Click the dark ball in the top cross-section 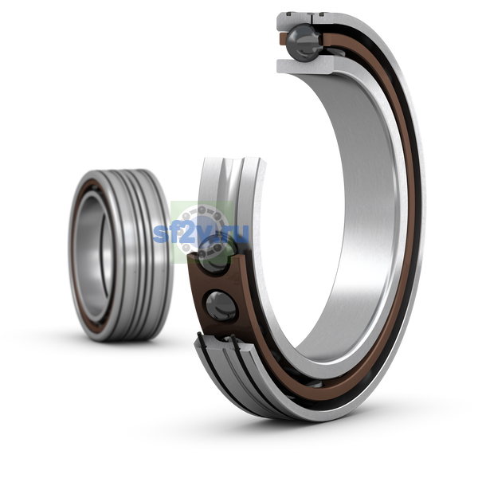pos(304,42)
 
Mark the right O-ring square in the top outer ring pos(322,14)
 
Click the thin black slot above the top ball pos(311,19)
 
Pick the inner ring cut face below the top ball pos(305,65)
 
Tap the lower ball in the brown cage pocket pos(221,306)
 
